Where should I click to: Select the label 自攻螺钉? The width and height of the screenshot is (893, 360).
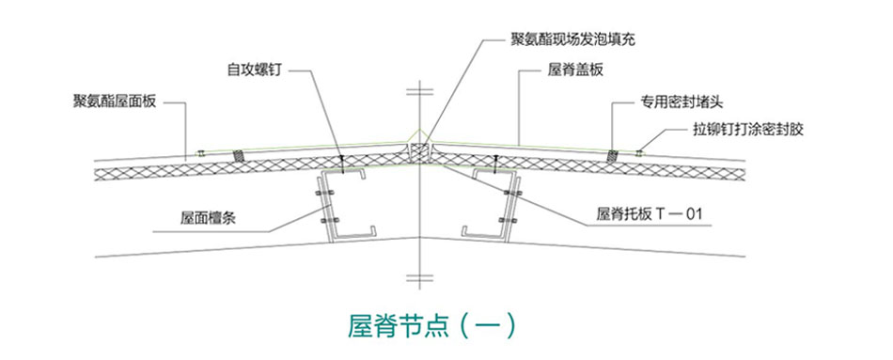click(254, 70)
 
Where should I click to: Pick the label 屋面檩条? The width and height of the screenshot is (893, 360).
click(207, 217)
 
